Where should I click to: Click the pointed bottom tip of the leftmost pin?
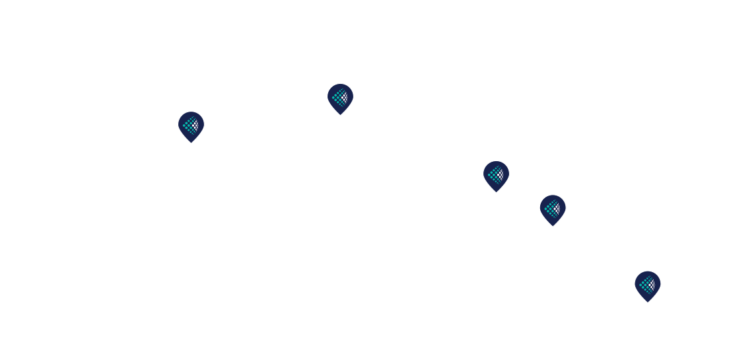(191, 143)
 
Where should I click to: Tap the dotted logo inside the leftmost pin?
(191, 124)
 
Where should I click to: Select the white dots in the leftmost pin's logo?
(195, 124)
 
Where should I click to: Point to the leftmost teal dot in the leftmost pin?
(184, 124)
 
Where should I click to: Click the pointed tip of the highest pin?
(340, 115)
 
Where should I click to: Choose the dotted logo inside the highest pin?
(340, 98)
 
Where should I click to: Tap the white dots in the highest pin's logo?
(345, 98)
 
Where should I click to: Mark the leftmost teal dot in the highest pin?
(333, 98)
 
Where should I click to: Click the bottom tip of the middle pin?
(496, 192)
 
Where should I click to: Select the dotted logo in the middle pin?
(496, 174)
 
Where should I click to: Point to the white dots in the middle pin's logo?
(501, 174)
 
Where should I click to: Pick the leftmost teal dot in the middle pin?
(489, 174)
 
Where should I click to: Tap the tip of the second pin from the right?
(553, 226)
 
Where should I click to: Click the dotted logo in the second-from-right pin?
(553, 209)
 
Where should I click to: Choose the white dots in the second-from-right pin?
(557, 209)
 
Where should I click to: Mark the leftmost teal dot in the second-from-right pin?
(546, 209)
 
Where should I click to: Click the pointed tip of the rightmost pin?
(648, 303)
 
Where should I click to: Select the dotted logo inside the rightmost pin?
(648, 285)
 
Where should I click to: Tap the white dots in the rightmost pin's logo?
(652, 285)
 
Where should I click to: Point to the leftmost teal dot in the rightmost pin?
(641, 285)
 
